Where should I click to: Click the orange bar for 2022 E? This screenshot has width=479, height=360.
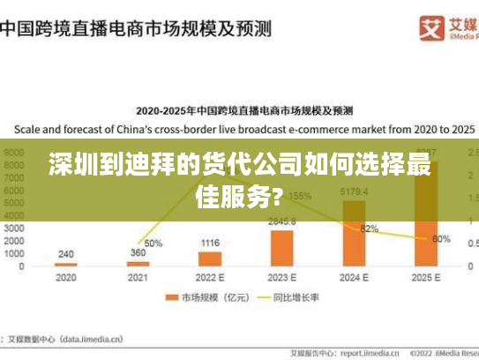tap(210, 259)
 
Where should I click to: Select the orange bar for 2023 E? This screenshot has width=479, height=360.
tap(282, 248)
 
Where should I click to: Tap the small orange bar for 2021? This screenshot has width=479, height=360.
tap(138, 264)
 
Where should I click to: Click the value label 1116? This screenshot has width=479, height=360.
tap(210, 243)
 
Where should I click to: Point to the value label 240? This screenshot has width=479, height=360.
tap(66, 254)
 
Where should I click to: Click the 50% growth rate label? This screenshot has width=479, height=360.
tap(153, 243)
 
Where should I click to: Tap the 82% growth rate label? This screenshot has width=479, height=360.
tap(369, 229)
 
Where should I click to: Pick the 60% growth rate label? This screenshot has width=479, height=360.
tap(441, 239)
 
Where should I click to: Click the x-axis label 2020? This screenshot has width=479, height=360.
tap(66, 277)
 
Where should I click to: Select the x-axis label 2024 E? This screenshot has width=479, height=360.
tap(354, 277)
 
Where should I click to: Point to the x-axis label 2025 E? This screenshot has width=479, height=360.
tap(426, 277)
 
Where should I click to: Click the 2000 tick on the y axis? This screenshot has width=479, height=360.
tap(16, 240)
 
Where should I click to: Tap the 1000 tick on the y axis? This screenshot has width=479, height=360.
tap(16, 253)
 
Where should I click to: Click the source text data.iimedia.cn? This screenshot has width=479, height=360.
tap(87, 338)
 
